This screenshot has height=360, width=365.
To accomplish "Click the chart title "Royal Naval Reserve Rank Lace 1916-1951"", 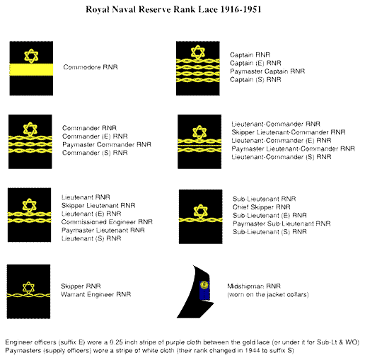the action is tap(173, 9).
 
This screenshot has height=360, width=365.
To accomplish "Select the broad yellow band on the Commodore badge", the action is tap(31, 69).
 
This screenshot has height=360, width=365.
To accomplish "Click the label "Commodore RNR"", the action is tap(91, 67).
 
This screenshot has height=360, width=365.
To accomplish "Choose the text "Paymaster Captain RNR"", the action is tap(267, 71).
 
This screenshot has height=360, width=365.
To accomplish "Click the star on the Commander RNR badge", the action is tap(30, 129).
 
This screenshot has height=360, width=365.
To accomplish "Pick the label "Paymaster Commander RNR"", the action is tap(107, 144).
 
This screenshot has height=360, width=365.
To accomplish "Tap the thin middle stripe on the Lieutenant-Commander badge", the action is tap(199, 146).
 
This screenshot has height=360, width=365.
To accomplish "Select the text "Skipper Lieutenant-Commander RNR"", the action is tap(289, 132).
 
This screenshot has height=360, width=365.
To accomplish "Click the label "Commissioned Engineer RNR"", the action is tap(107, 222).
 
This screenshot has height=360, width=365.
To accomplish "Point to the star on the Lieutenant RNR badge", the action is tap(30, 205).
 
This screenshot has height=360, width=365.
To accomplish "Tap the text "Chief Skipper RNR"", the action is tap(261, 207).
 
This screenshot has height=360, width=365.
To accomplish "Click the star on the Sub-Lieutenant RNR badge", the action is tap(200, 211).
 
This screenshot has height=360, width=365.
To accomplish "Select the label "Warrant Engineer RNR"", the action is tap(95, 294).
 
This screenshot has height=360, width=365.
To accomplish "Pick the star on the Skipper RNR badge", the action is tap(28, 288).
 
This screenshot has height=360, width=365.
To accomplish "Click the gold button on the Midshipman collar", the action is tap(204, 285).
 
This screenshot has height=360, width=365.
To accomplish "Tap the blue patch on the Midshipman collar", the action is tap(204, 290).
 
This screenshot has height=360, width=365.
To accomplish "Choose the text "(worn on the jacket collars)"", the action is tap(268, 295).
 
